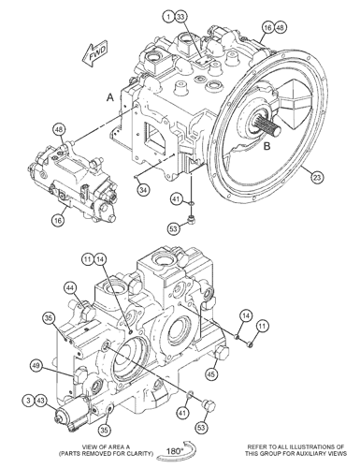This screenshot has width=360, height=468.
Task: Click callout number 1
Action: click(168, 17)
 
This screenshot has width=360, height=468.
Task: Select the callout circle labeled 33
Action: click(180, 17)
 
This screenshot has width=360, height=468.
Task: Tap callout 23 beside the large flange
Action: click(317, 178)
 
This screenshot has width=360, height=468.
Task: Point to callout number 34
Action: click(143, 190)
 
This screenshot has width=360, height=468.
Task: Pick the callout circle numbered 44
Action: click(71, 288)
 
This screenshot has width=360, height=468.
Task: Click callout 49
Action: click(36, 365)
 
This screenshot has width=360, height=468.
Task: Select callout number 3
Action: click(28, 401)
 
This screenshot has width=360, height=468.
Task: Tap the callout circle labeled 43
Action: click(40, 401)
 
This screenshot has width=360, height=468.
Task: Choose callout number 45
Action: click(211, 374)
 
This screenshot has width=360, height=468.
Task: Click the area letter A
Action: click(110, 98)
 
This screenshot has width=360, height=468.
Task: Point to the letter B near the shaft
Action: click(266, 146)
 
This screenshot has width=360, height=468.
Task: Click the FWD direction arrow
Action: click(95, 53)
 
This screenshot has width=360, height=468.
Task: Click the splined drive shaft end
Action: click(273, 126)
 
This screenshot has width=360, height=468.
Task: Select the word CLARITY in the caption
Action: click(140, 453)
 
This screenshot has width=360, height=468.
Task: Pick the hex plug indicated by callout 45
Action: click(221, 353)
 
